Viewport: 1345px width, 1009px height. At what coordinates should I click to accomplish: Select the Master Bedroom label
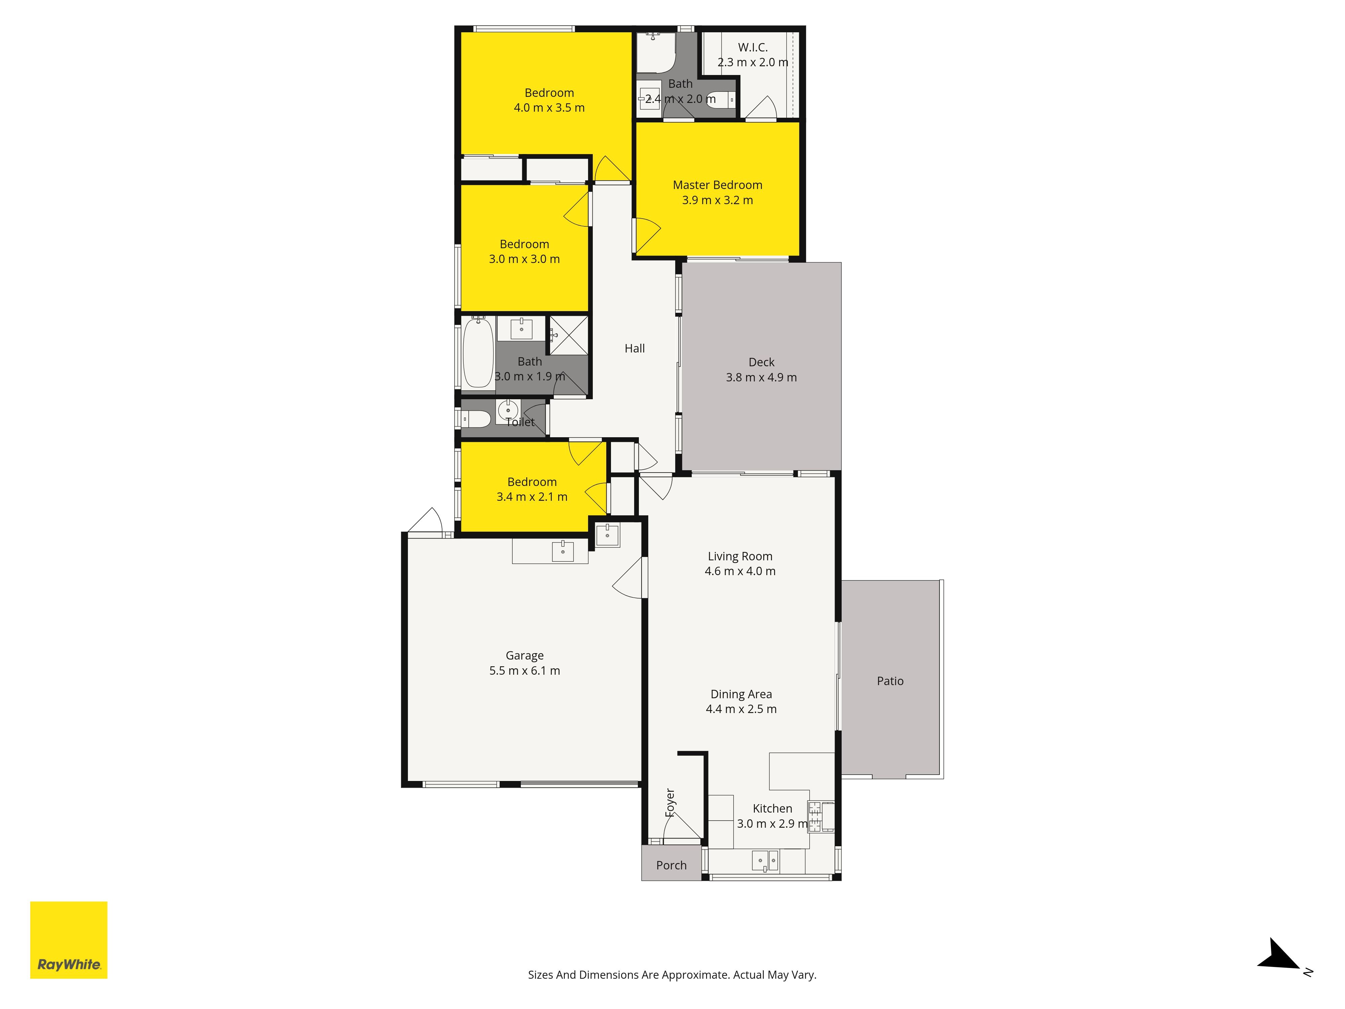pos(718,185)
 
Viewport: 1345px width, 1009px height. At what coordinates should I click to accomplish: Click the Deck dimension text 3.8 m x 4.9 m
pos(761,377)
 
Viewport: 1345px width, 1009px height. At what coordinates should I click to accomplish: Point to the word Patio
pos(890,681)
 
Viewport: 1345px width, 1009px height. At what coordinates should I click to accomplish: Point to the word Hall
pos(635,348)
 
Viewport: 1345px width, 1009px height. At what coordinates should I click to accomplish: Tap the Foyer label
pos(670,803)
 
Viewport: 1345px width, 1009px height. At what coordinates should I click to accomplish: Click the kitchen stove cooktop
pos(815,816)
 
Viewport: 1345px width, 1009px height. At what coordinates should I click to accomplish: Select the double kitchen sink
pos(765,861)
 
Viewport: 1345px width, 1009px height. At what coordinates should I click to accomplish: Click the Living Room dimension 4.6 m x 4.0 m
pos(740,571)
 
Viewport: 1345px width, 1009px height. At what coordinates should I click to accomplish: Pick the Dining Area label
pos(741,694)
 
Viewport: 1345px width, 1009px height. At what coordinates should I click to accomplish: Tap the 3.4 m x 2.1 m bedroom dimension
pos(532,497)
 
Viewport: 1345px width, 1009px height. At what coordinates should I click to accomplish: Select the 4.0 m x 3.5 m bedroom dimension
pos(549,108)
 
